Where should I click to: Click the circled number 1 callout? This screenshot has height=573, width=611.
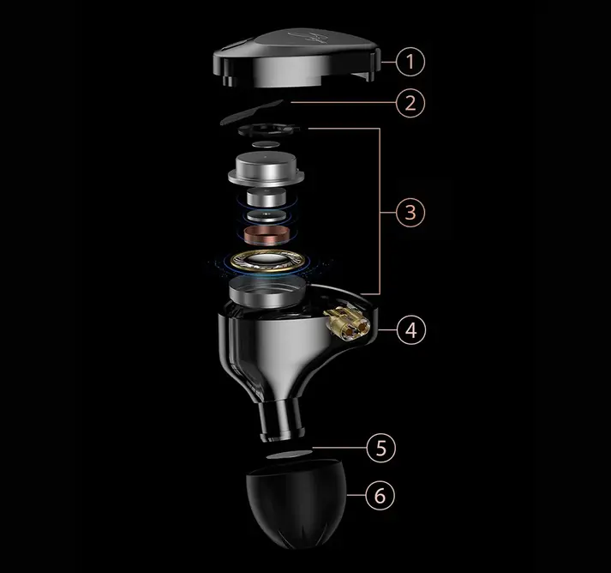coord(410,62)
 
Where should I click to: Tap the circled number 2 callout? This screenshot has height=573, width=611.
coord(410,103)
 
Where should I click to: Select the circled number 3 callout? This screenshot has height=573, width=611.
coord(410,212)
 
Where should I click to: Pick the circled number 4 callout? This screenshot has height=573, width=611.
coord(411,330)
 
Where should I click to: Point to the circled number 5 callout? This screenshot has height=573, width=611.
coord(380,448)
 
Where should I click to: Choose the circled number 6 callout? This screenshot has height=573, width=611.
coord(380,496)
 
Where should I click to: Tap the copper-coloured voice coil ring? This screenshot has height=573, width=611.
coord(267,235)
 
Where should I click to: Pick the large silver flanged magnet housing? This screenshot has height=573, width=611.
coord(266,169)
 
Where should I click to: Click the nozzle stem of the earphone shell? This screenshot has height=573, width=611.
coord(281,420)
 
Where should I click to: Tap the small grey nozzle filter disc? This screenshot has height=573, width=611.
coord(290,455)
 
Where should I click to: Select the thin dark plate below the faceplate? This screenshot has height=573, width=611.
coord(251,112)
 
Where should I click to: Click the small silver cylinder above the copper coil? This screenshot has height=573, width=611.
coord(267,197)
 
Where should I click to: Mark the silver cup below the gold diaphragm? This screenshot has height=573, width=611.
coord(267,291)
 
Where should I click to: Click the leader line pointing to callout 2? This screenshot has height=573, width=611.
coord(343,102)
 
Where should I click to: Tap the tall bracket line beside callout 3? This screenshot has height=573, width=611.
coord(379,211)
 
